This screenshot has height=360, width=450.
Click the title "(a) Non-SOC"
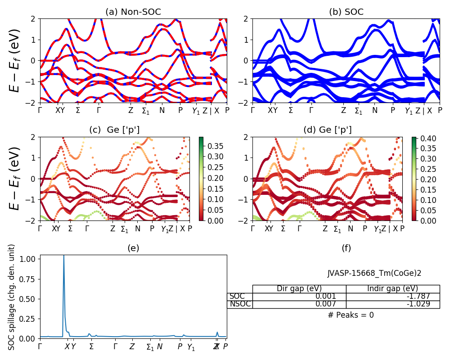tap(133, 12)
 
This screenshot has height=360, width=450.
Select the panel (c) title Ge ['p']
tap(114, 130)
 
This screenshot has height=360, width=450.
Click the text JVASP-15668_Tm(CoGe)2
tap(374, 273)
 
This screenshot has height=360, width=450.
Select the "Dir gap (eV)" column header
tap(299, 289)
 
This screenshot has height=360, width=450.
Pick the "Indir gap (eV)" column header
tap(392, 289)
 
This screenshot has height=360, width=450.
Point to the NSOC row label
tap(240, 304)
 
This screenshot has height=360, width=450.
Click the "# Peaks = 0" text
tap(351, 315)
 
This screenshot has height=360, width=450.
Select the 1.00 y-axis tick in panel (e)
tap(29, 260)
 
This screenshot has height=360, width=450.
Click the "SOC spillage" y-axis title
tap(12, 297)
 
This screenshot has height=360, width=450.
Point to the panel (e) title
tap(133, 248)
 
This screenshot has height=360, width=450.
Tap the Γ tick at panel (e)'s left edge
tap(40, 346)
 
